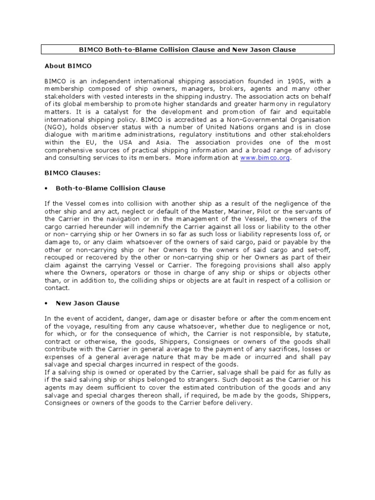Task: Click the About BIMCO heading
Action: tap(68, 65)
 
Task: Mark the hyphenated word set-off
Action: tap(317, 250)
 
